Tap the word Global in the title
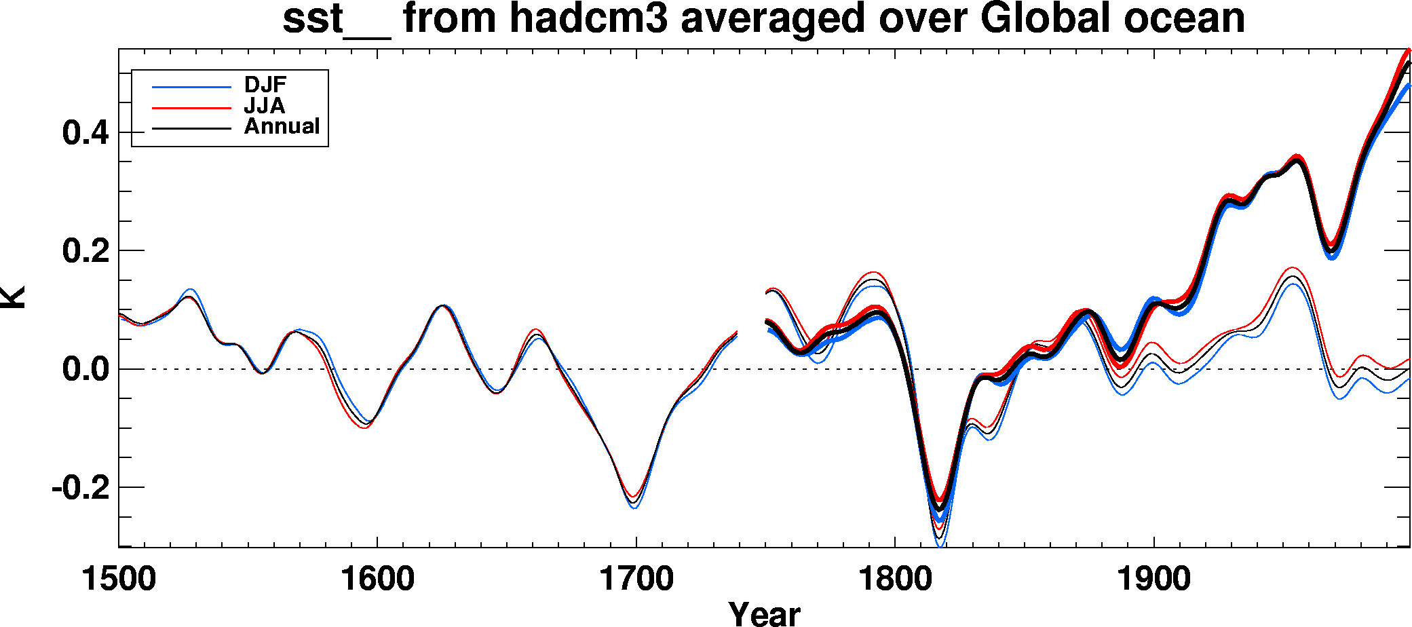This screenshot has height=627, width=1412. tap(1045, 18)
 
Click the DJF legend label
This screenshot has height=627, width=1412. tap(265, 85)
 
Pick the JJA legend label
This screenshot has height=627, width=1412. tap(265, 106)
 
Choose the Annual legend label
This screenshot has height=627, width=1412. tap(282, 126)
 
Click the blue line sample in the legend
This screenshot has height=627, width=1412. tap(191, 87)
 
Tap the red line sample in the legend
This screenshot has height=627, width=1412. tap(191, 107)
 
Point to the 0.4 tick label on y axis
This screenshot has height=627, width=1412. tap(85, 132)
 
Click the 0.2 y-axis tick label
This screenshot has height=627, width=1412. tap(85, 251)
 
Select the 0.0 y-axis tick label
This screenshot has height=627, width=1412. tap(85, 370)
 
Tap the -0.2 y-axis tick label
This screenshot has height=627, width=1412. tap(80, 488)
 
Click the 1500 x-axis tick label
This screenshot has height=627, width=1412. tap(119, 579)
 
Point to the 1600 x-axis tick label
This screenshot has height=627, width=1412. tap(377, 579)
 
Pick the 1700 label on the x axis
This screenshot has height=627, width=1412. tap(636, 579)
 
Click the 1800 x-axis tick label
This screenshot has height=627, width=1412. tap(895, 579)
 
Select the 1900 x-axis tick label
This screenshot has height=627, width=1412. tap(1153, 579)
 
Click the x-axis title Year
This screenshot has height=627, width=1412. tap(764, 613)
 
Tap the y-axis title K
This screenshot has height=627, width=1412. tap(14, 297)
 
